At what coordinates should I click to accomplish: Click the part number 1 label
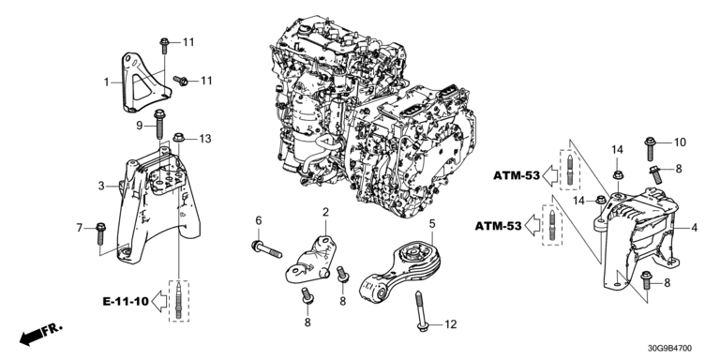pos(106,82)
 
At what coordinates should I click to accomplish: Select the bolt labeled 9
pos(159,124)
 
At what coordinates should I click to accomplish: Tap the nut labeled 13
pos(179,137)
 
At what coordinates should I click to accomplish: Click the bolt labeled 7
pos(101,233)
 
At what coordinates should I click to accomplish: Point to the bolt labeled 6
pos(266,249)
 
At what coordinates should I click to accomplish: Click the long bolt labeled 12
pos(422,312)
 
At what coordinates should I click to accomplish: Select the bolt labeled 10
pos(651,148)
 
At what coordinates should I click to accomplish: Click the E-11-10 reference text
pos(126,302)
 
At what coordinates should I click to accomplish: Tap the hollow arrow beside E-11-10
pos(158,301)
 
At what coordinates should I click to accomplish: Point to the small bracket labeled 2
pos(310,259)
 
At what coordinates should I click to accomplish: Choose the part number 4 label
pos(694,227)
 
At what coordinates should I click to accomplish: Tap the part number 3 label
pos(101,186)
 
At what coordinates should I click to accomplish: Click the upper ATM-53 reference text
pos(517,175)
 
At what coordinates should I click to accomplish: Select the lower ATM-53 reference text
pos(498,226)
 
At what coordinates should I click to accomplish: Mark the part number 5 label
pos(432,224)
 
